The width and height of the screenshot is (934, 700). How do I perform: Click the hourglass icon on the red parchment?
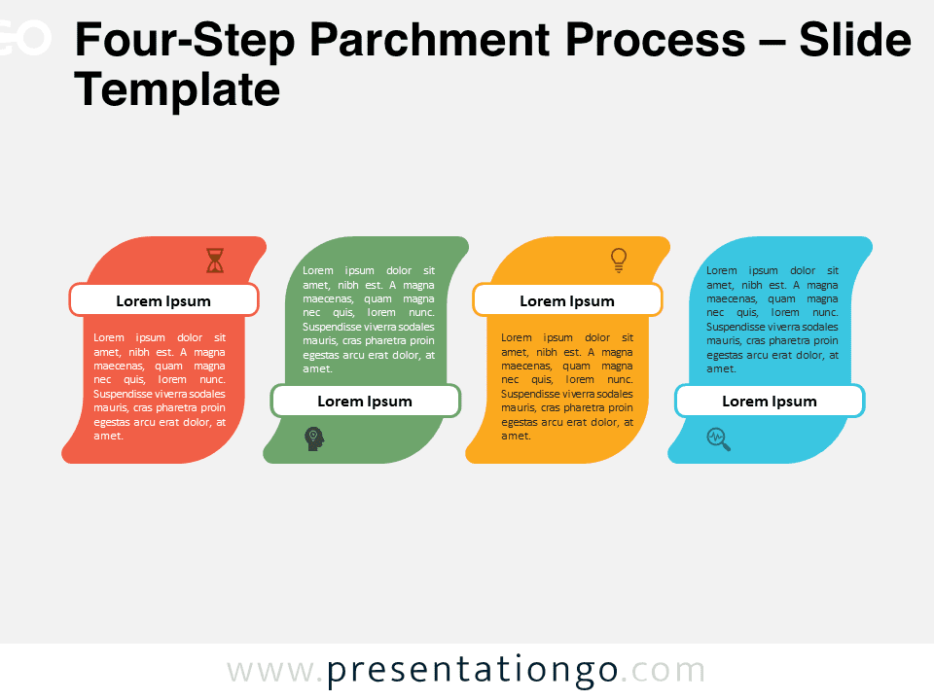click(x=215, y=261)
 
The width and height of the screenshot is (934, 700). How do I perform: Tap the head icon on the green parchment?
click(x=314, y=438)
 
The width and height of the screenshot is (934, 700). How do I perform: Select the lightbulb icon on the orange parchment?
click(x=619, y=261)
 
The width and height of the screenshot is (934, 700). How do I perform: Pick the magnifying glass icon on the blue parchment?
click(x=718, y=439)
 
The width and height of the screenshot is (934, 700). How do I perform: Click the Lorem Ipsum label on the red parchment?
click(x=163, y=301)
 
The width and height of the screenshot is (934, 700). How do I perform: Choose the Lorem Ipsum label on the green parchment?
click(x=365, y=402)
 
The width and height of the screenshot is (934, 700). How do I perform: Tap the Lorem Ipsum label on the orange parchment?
click(x=567, y=301)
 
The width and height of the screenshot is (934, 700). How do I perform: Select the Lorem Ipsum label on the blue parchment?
click(x=770, y=402)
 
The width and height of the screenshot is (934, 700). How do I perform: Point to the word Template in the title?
click(x=177, y=89)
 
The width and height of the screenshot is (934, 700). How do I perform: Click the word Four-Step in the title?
click(x=185, y=41)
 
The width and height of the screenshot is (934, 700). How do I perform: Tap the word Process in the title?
click(x=655, y=40)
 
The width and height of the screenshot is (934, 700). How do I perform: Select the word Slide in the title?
click(x=855, y=40)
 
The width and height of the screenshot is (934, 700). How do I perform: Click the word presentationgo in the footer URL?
click(x=473, y=671)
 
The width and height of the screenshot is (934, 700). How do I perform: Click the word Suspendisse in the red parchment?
click(x=123, y=394)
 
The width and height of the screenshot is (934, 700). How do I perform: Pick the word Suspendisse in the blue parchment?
click(x=736, y=327)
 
